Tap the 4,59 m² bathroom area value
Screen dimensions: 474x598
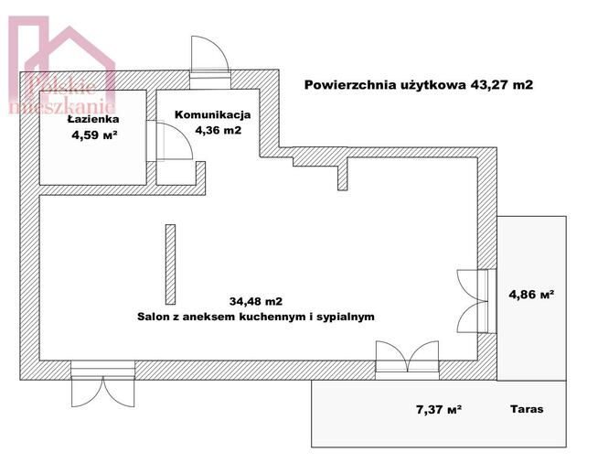pos(95,135)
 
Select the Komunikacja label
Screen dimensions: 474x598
pos(212,115)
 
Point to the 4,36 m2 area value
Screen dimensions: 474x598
pos(218,131)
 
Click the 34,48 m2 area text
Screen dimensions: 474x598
pos(255,300)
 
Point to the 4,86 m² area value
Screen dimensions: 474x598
pos(531,295)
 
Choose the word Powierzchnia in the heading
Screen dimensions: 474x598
pos(342,84)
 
